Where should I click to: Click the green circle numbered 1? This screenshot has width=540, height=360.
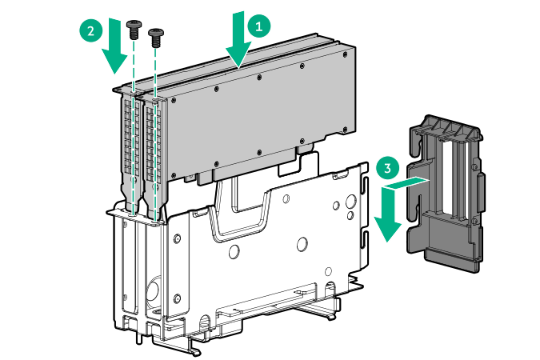click(259, 26)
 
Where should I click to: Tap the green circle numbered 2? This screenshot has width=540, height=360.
click(91, 31)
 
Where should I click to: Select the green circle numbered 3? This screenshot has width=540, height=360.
click(388, 169)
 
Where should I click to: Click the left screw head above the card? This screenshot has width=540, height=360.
click(134, 25)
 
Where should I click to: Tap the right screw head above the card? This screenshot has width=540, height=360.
click(156, 33)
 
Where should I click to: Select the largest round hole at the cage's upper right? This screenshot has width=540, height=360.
click(351, 201)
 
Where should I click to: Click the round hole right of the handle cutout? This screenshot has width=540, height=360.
click(302, 244)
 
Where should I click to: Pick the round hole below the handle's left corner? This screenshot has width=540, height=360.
click(234, 251)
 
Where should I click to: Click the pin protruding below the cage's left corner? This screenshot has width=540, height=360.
click(139, 338)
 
